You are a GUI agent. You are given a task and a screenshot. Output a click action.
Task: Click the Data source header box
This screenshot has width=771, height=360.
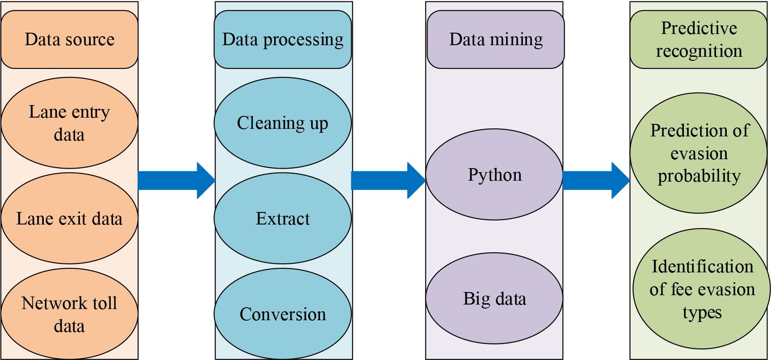click(69, 39)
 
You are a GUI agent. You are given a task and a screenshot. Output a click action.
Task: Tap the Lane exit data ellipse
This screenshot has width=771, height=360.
click(69, 219)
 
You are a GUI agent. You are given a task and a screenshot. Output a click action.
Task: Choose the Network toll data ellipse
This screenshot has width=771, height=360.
click(69, 314)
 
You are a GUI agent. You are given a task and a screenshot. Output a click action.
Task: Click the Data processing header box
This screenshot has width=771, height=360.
click(282, 39)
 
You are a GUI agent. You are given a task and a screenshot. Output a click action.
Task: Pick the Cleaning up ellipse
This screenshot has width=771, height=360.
click(282, 123)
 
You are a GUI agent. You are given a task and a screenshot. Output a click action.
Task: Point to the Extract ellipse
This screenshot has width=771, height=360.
click(282, 219)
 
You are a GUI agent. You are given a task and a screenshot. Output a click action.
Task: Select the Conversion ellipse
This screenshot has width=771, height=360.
click(282, 314)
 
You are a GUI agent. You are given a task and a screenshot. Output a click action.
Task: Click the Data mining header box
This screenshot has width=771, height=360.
click(495, 39)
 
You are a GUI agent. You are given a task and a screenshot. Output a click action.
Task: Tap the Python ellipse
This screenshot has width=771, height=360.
click(494, 174)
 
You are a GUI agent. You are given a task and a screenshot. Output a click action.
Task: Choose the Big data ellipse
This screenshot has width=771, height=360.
click(494, 298)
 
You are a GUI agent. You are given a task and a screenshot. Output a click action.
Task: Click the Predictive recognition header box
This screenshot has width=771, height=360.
click(699, 39)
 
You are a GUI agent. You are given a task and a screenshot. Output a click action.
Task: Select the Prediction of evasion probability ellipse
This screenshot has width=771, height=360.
click(699, 153)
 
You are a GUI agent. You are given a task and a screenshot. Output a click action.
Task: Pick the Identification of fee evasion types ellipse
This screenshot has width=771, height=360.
click(702, 289)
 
